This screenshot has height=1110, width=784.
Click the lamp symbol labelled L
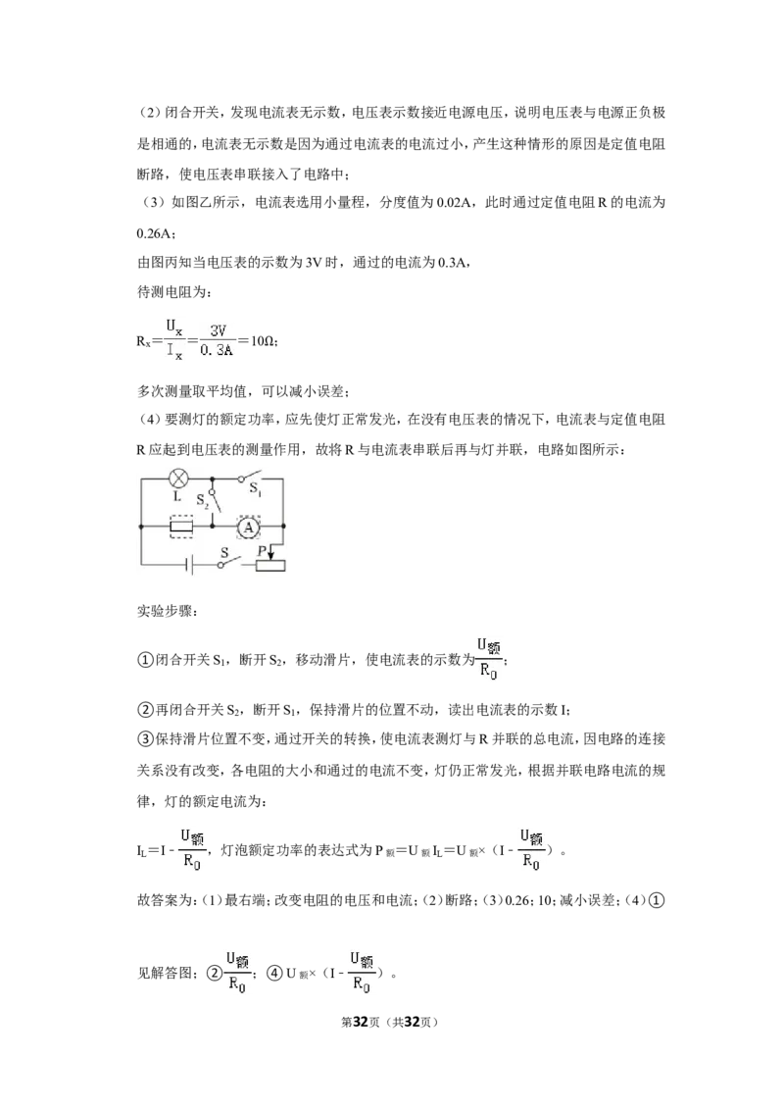tap(179, 478)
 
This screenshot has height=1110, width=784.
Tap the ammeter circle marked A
tap(248, 527)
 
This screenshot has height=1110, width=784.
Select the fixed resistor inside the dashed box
tap(182, 527)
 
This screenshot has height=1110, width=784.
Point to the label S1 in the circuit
tap(255, 488)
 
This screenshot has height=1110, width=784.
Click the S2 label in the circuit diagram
tap(202, 499)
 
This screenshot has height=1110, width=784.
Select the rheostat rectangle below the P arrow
tap(270, 565)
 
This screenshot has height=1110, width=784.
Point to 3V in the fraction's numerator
tap(218, 330)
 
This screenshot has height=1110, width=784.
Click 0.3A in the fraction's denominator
tap(217, 351)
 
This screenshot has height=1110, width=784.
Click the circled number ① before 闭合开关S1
tap(144, 660)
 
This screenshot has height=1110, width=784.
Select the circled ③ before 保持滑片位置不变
tap(144, 739)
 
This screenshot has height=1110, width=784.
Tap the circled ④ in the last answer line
tap(274, 973)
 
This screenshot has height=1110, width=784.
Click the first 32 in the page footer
tap(361, 1022)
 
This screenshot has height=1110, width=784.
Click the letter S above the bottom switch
tap(225, 552)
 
